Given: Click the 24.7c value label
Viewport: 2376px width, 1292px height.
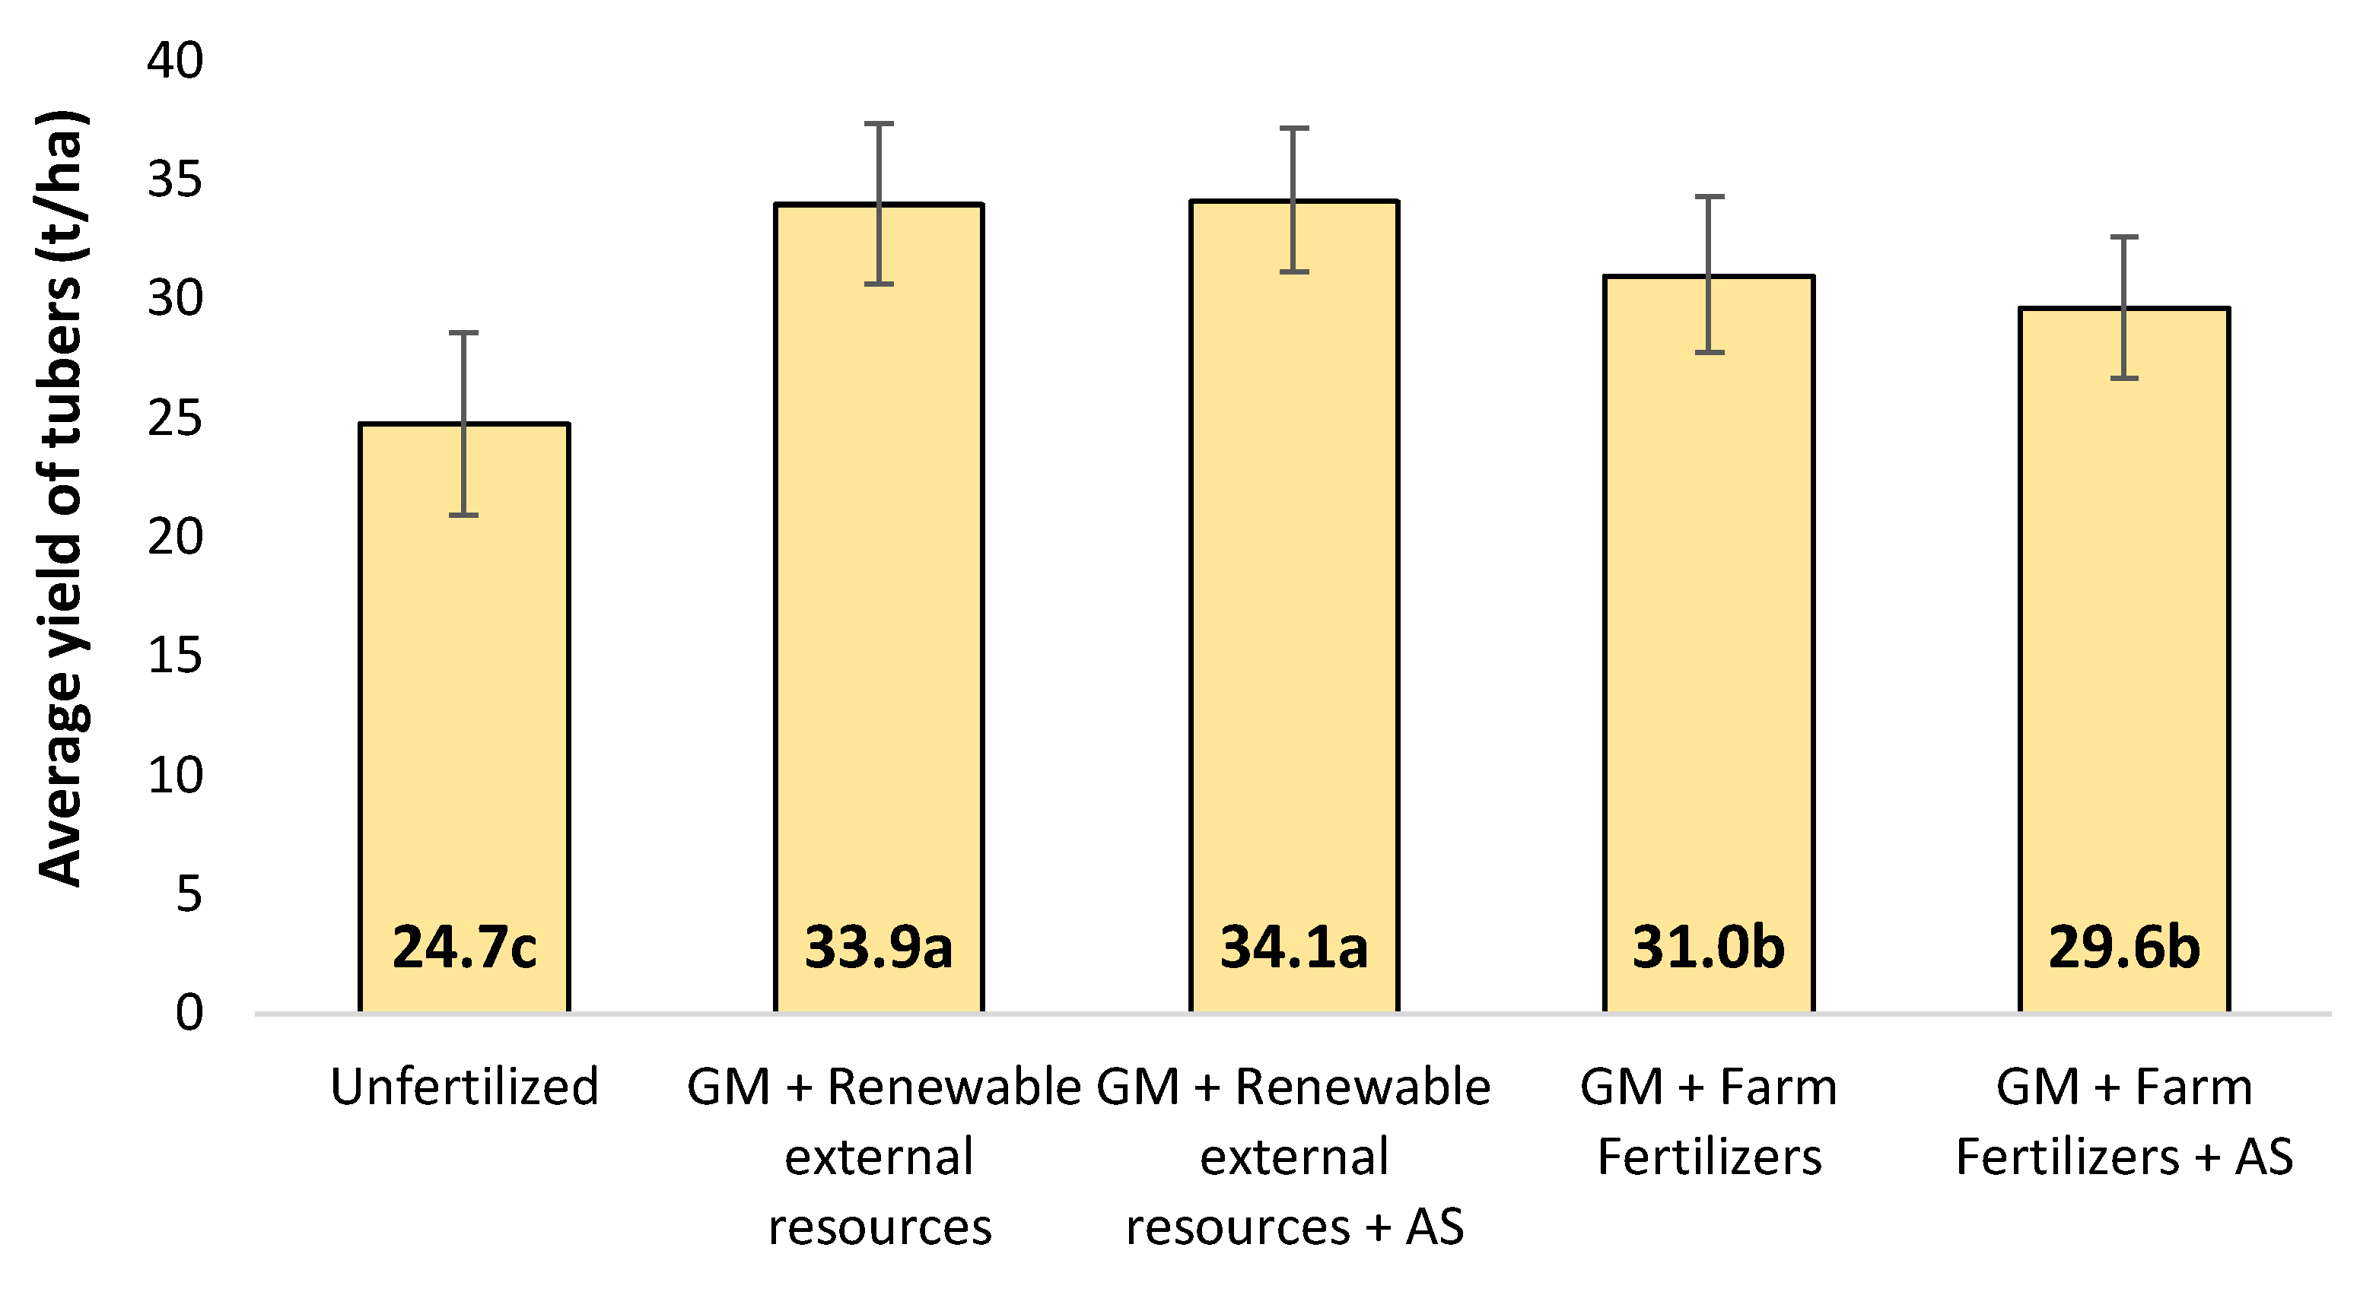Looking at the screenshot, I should click(x=464, y=948).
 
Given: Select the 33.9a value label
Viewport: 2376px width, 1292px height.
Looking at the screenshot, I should click(x=878, y=948).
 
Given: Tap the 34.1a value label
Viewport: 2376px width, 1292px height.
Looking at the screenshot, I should click(x=1293, y=948).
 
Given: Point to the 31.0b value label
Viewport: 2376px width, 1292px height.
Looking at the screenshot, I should click(x=1708, y=948).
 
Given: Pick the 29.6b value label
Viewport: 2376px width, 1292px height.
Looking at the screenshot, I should click(x=2123, y=948).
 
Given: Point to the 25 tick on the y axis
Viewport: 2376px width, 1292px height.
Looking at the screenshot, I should click(x=175, y=419).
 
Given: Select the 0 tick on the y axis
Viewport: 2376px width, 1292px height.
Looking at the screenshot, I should click(x=189, y=1013).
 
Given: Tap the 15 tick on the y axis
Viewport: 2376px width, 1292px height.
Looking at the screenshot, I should click(x=175, y=656).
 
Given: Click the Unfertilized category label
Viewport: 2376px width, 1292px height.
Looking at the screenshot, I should click(x=464, y=1087).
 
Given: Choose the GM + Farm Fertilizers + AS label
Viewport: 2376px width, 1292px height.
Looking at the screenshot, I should click(x=2123, y=1122).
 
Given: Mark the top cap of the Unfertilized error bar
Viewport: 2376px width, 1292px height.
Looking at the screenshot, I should click(x=464, y=333).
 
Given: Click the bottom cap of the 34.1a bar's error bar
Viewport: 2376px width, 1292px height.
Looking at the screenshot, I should click(x=1294, y=272).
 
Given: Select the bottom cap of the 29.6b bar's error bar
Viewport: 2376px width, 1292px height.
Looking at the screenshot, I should click(x=2124, y=378).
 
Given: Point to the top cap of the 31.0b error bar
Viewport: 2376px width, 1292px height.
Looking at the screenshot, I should click(x=1709, y=196).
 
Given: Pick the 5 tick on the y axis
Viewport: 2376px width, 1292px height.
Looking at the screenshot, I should click(x=189, y=894).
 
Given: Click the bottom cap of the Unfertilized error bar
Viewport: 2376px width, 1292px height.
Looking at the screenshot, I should click(x=464, y=515).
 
